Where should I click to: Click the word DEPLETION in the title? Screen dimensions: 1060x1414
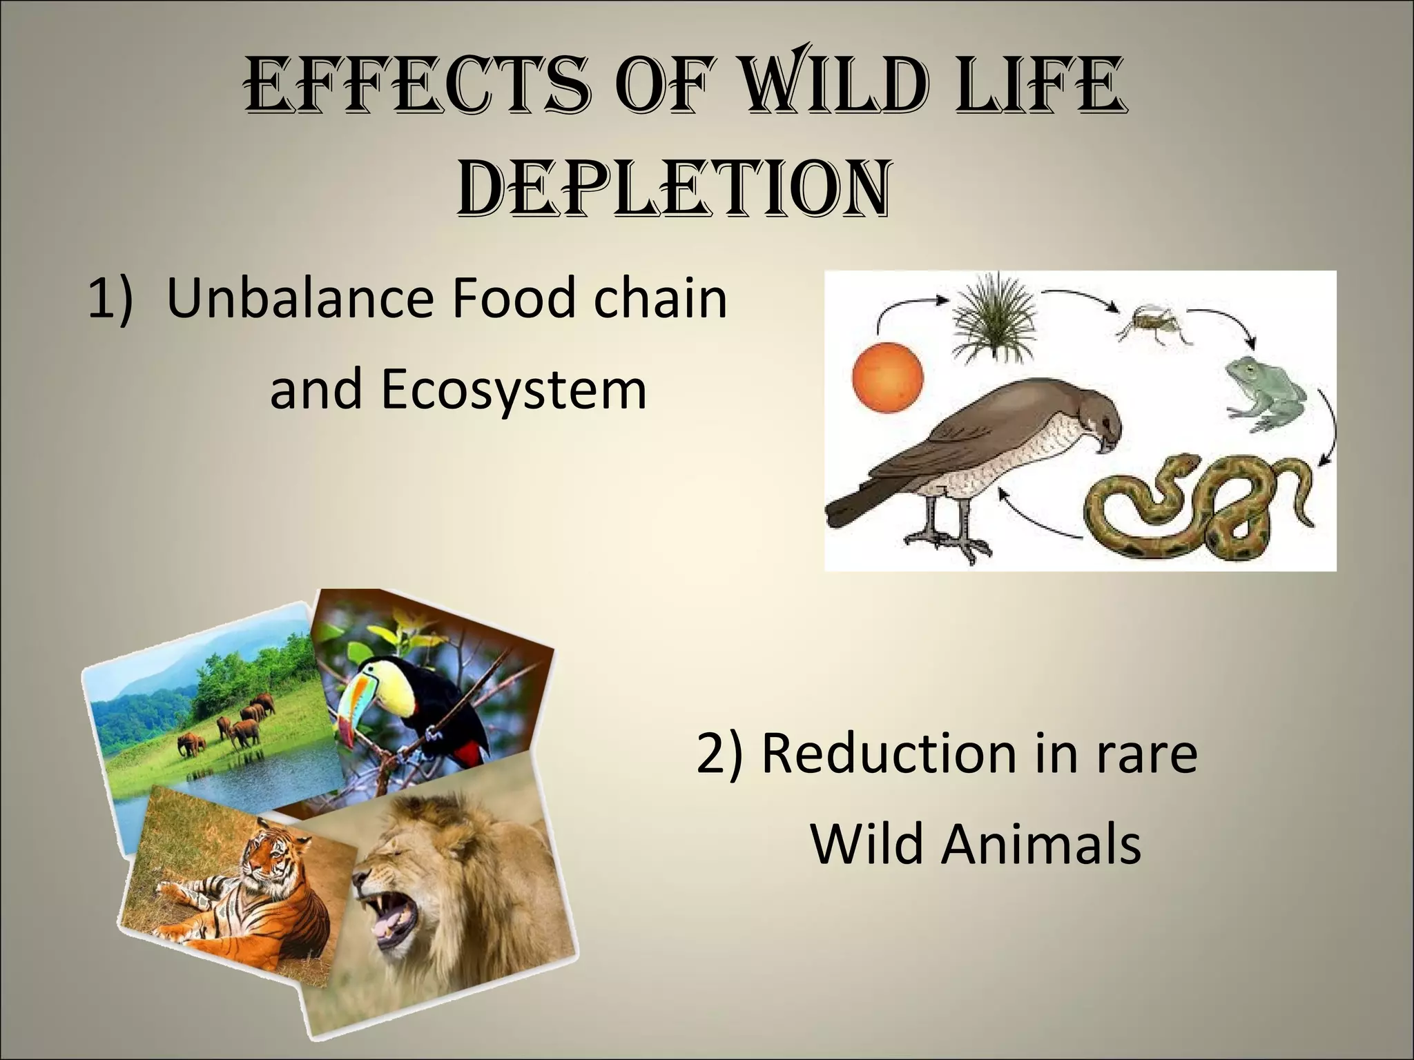coord(672,188)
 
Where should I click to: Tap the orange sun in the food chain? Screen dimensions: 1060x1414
coord(887,379)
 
